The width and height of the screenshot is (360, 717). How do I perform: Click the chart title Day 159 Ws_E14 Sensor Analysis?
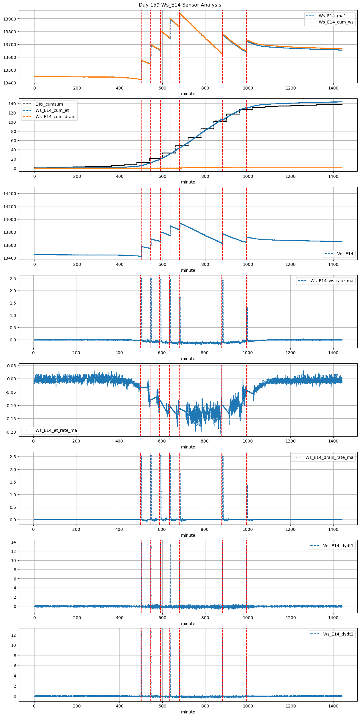(180, 5)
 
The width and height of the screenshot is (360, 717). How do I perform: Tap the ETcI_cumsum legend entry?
(49, 104)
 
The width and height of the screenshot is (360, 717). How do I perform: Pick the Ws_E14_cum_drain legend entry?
(55, 117)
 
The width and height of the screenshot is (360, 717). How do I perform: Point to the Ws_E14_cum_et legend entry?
(52, 110)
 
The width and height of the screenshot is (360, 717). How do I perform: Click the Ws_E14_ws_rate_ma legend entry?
(332, 281)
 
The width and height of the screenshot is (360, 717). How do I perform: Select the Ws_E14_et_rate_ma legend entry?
(56, 430)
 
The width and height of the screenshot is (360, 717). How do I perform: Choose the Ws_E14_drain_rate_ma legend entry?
(329, 457)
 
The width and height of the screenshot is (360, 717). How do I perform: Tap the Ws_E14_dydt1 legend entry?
(338, 546)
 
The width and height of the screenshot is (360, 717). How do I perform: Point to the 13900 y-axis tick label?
(10, 19)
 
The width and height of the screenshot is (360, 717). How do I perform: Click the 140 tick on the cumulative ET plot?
(12, 104)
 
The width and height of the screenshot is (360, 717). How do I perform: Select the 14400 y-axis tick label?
(10, 194)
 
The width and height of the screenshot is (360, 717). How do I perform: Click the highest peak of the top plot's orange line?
(180, 13)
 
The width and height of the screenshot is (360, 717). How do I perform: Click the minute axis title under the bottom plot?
(188, 712)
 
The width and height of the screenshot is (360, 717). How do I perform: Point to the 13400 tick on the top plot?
(10, 83)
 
